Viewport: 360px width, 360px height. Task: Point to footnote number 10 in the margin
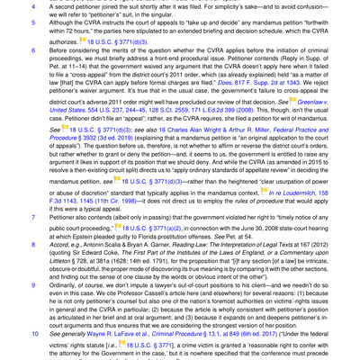(x=8, y=331)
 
